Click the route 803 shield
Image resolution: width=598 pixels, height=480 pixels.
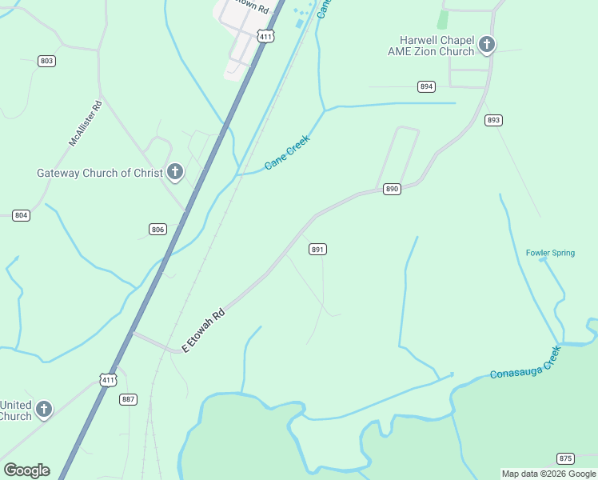click(46, 61)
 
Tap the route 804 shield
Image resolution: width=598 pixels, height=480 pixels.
click(21, 215)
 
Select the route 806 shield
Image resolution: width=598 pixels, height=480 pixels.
click(157, 230)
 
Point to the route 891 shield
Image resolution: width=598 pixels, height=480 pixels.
click(317, 250)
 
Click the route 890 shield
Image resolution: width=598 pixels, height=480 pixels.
click(391, 189)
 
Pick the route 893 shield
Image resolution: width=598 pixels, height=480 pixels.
click(493, 120)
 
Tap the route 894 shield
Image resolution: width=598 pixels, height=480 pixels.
click(426, 86)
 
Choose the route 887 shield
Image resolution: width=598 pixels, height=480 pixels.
click(128, 399)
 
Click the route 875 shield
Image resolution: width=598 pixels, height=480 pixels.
click(565, 458)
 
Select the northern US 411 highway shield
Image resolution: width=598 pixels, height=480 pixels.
click(265, 36)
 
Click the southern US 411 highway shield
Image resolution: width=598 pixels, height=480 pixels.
click(108, 379)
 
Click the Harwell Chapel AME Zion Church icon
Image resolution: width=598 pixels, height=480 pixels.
click(487, 46)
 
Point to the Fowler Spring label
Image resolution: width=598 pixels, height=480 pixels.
click(550, 253)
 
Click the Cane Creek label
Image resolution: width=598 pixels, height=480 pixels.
click(286, 152)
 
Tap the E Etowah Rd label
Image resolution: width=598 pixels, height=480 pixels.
click(204, 330)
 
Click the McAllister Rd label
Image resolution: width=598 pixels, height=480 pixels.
click(86, 122)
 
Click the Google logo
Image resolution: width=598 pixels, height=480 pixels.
click(26, 470)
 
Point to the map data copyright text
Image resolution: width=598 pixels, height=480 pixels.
click(548, 474)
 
